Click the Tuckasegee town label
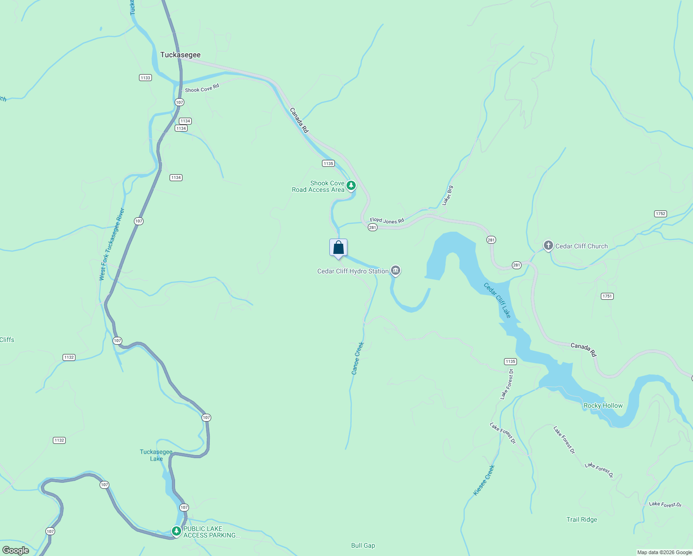click(180, 55)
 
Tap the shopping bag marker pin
click(338, 248)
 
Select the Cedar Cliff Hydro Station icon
click(395, 271)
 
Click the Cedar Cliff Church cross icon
click(548, 246)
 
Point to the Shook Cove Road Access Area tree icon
click(351, 186)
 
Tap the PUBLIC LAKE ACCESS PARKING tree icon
click(176, 531)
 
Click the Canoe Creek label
click(358, 358)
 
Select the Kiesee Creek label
click(484, 480)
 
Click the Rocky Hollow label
click(603, 405)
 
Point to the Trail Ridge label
click(582, 519)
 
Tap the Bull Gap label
click(363, 545)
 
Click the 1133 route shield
click(145, 77)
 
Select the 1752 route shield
click(661, 214)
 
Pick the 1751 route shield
click(607, 296)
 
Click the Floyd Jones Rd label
click(387, 221)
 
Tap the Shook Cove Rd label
click(202, 88)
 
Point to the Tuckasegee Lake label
click(156, 455)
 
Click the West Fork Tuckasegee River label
click(112, 244)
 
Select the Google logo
click(16, 550)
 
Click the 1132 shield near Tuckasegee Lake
click(59, 440)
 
